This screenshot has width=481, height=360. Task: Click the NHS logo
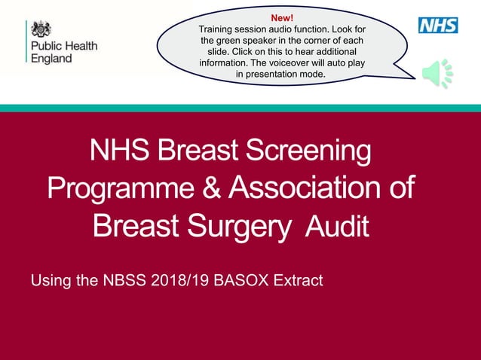click(438, 25)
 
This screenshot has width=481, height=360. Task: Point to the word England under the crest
click(51, 58)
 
